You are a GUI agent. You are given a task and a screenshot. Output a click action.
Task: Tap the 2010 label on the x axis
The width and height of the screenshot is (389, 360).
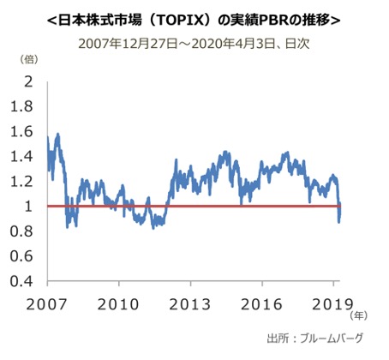point(119,305)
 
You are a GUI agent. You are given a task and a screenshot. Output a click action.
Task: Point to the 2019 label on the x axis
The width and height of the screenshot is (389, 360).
point(332,305)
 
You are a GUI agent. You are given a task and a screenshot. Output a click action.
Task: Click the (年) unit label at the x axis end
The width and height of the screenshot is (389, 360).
point(358,316)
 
